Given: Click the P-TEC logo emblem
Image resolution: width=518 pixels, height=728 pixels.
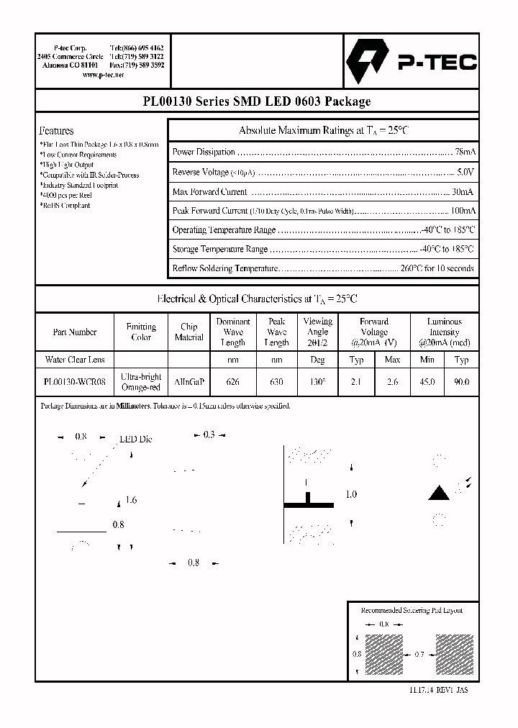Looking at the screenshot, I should click(368, 63).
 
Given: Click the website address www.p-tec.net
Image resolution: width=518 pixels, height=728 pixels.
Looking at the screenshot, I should click(103, 75).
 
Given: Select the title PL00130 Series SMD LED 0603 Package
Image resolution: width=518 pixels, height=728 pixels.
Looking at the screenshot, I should click(257, 101).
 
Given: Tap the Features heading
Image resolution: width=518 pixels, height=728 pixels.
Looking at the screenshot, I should click(56, 131).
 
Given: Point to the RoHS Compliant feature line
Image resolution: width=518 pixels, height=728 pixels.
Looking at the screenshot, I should click(65, 206).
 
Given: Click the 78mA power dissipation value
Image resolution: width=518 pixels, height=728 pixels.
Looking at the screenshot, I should click(465, 153).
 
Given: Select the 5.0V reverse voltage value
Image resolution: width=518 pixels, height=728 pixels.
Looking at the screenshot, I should click(465, 173).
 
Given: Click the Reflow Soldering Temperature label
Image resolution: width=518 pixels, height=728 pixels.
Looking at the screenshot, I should click(224, 268).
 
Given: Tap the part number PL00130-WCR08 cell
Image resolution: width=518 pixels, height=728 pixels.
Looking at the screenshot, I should click(75, 383).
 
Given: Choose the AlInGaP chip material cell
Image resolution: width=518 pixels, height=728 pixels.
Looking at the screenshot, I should click(188, 383).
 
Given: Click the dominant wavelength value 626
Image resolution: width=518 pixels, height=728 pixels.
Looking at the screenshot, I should click(233, 383).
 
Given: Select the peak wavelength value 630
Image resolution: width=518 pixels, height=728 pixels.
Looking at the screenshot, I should click(276, 383).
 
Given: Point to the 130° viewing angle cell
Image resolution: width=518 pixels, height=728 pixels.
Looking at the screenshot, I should click(317, 383).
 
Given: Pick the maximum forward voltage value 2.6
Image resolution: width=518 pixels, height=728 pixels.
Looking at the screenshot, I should click(392, 383).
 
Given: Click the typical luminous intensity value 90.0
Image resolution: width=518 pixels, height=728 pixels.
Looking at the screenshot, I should click(462, 383).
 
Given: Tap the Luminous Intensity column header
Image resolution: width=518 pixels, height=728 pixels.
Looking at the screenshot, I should click(444, 332).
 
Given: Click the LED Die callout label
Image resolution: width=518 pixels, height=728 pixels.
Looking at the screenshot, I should click(135, 439).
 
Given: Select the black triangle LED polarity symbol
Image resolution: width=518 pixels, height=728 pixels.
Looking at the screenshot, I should click(438, 493).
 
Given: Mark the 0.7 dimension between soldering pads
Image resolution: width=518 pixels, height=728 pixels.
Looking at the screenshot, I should click(419, 654).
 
